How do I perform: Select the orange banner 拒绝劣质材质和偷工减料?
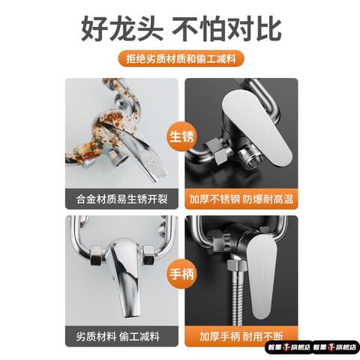point(180,60)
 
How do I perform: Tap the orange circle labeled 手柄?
point(180,274)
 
